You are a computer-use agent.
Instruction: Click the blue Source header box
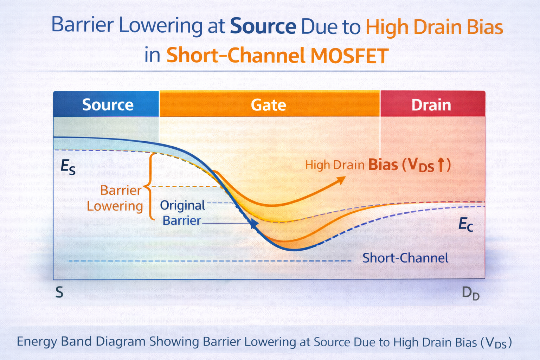pos(106,104)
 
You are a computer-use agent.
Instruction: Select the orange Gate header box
pos(270,104)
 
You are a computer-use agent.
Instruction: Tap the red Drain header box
pos(433,104)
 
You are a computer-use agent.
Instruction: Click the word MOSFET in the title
pos(349,56)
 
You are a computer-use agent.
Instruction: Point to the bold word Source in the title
pos(263,26)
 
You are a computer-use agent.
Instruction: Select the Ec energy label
pos(466,224)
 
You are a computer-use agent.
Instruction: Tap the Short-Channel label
pos(405,258)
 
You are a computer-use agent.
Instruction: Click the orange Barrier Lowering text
pos(115,198)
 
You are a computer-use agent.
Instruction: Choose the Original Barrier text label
pos(182,213)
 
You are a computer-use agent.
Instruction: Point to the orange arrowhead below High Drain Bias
pos(341,180)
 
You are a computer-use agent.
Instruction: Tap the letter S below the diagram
pos(59,292)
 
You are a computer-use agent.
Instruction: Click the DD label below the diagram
pos(471,294)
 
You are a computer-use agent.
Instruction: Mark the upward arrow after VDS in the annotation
pos(441,165)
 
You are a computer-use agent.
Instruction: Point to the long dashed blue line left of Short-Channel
pos(210,261)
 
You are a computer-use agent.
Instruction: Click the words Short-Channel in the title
pos(236,56)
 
